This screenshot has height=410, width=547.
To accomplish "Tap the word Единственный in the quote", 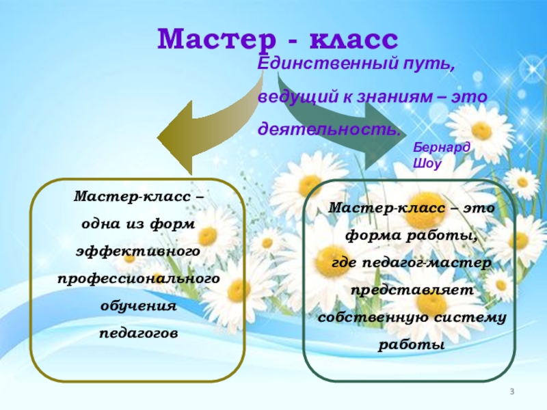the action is [328, 64].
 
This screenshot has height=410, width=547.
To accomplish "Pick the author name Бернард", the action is [442, 148].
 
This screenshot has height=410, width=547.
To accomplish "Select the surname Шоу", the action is [427, 163].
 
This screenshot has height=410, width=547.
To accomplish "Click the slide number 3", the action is [511, 392].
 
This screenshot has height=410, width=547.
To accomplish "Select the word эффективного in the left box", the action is [138, 251].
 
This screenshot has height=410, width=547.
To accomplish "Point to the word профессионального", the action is [139, 279].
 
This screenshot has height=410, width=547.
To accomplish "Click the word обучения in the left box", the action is [139, 306].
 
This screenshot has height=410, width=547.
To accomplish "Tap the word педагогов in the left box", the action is [139, 333].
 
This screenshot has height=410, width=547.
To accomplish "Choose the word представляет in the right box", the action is [412, 290].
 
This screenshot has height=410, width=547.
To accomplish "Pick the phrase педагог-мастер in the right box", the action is [427, 262].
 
